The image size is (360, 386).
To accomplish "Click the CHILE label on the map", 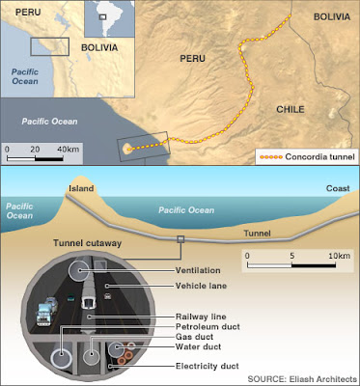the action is coord(291,109).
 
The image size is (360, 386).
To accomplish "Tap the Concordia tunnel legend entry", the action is coord(307,157).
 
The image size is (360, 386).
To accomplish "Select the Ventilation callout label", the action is coord(198,270).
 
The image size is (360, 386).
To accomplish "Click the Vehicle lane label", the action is coord(201,286).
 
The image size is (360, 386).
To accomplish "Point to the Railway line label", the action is coord(201,317).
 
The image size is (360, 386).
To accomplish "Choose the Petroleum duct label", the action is coord(208,327).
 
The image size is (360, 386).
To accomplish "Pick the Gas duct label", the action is coord(194,337).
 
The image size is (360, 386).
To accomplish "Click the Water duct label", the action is coord(198,346).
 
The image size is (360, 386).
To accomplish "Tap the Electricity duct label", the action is coord(208,366).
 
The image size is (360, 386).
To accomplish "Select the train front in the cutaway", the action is coord(89,302).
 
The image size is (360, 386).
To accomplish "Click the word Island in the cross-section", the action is coord(81,188).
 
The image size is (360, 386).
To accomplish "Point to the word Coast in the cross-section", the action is coord(338,188).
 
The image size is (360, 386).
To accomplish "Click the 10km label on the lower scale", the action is coord(339,256).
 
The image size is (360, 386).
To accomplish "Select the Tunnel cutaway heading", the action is coord(88,243).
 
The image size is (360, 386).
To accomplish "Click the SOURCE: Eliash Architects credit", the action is coord(302,378).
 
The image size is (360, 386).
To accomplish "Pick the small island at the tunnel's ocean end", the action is coord(127,149).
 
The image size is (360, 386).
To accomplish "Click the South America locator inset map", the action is coord(109,18).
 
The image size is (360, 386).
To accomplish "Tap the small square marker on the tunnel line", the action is coord(180,239).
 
